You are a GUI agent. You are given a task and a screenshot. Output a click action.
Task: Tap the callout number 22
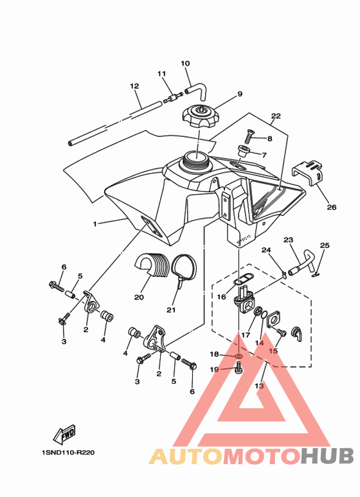(x=276, y=116)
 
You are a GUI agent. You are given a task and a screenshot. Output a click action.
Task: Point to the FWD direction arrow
(x=64, y=434)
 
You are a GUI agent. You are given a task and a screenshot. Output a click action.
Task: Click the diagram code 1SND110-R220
(x=68, y=452)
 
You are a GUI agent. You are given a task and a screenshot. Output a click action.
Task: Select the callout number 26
(x=332, y=207)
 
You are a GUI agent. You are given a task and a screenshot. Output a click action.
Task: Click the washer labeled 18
(x=239, y=357)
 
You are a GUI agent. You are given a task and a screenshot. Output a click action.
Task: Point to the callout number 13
(x=259, y=386)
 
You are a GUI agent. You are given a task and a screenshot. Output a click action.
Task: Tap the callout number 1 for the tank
(x=94, y=224)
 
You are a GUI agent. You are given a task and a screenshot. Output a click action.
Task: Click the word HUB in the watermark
(x=327, y=456)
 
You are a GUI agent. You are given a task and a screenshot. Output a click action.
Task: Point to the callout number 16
(x=221, y=296)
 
